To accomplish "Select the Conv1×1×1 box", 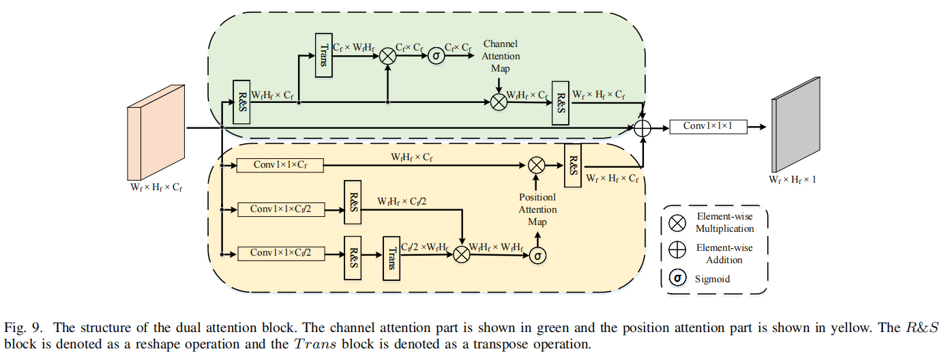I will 708,126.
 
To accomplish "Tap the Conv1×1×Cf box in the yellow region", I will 279,164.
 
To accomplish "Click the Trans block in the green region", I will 323,55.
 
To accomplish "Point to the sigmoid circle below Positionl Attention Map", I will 538,254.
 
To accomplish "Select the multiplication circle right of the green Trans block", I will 387,57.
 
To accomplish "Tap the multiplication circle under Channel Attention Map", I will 499,102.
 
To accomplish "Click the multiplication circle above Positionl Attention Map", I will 537,164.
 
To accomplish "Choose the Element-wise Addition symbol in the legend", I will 677,250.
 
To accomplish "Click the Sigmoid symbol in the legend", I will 677,278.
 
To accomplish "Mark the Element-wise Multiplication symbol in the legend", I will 677,222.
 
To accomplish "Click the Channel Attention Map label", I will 501,56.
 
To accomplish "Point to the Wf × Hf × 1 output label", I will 793,180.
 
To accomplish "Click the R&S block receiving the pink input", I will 241,102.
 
